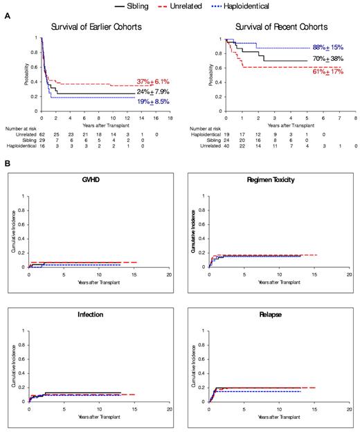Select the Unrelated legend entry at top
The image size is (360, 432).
[200, 6]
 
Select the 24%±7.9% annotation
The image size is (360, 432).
[154, 91]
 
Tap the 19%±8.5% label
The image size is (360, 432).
[154, 101]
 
